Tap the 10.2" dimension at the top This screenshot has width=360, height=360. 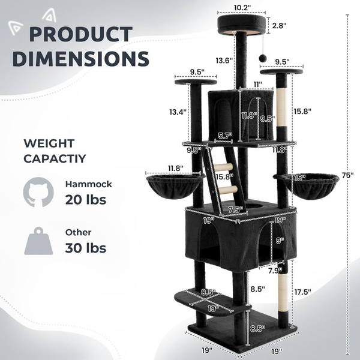tap(241, 8)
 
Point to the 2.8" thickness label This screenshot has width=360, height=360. tap(280, 26)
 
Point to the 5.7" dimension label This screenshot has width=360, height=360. tap(225, 136)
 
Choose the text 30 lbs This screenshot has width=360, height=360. tap(86, 247)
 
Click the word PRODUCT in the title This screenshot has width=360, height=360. tap(80, 35)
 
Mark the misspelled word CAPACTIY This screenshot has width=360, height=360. tap(54, 160)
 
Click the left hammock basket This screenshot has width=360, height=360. tap(173, 187)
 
